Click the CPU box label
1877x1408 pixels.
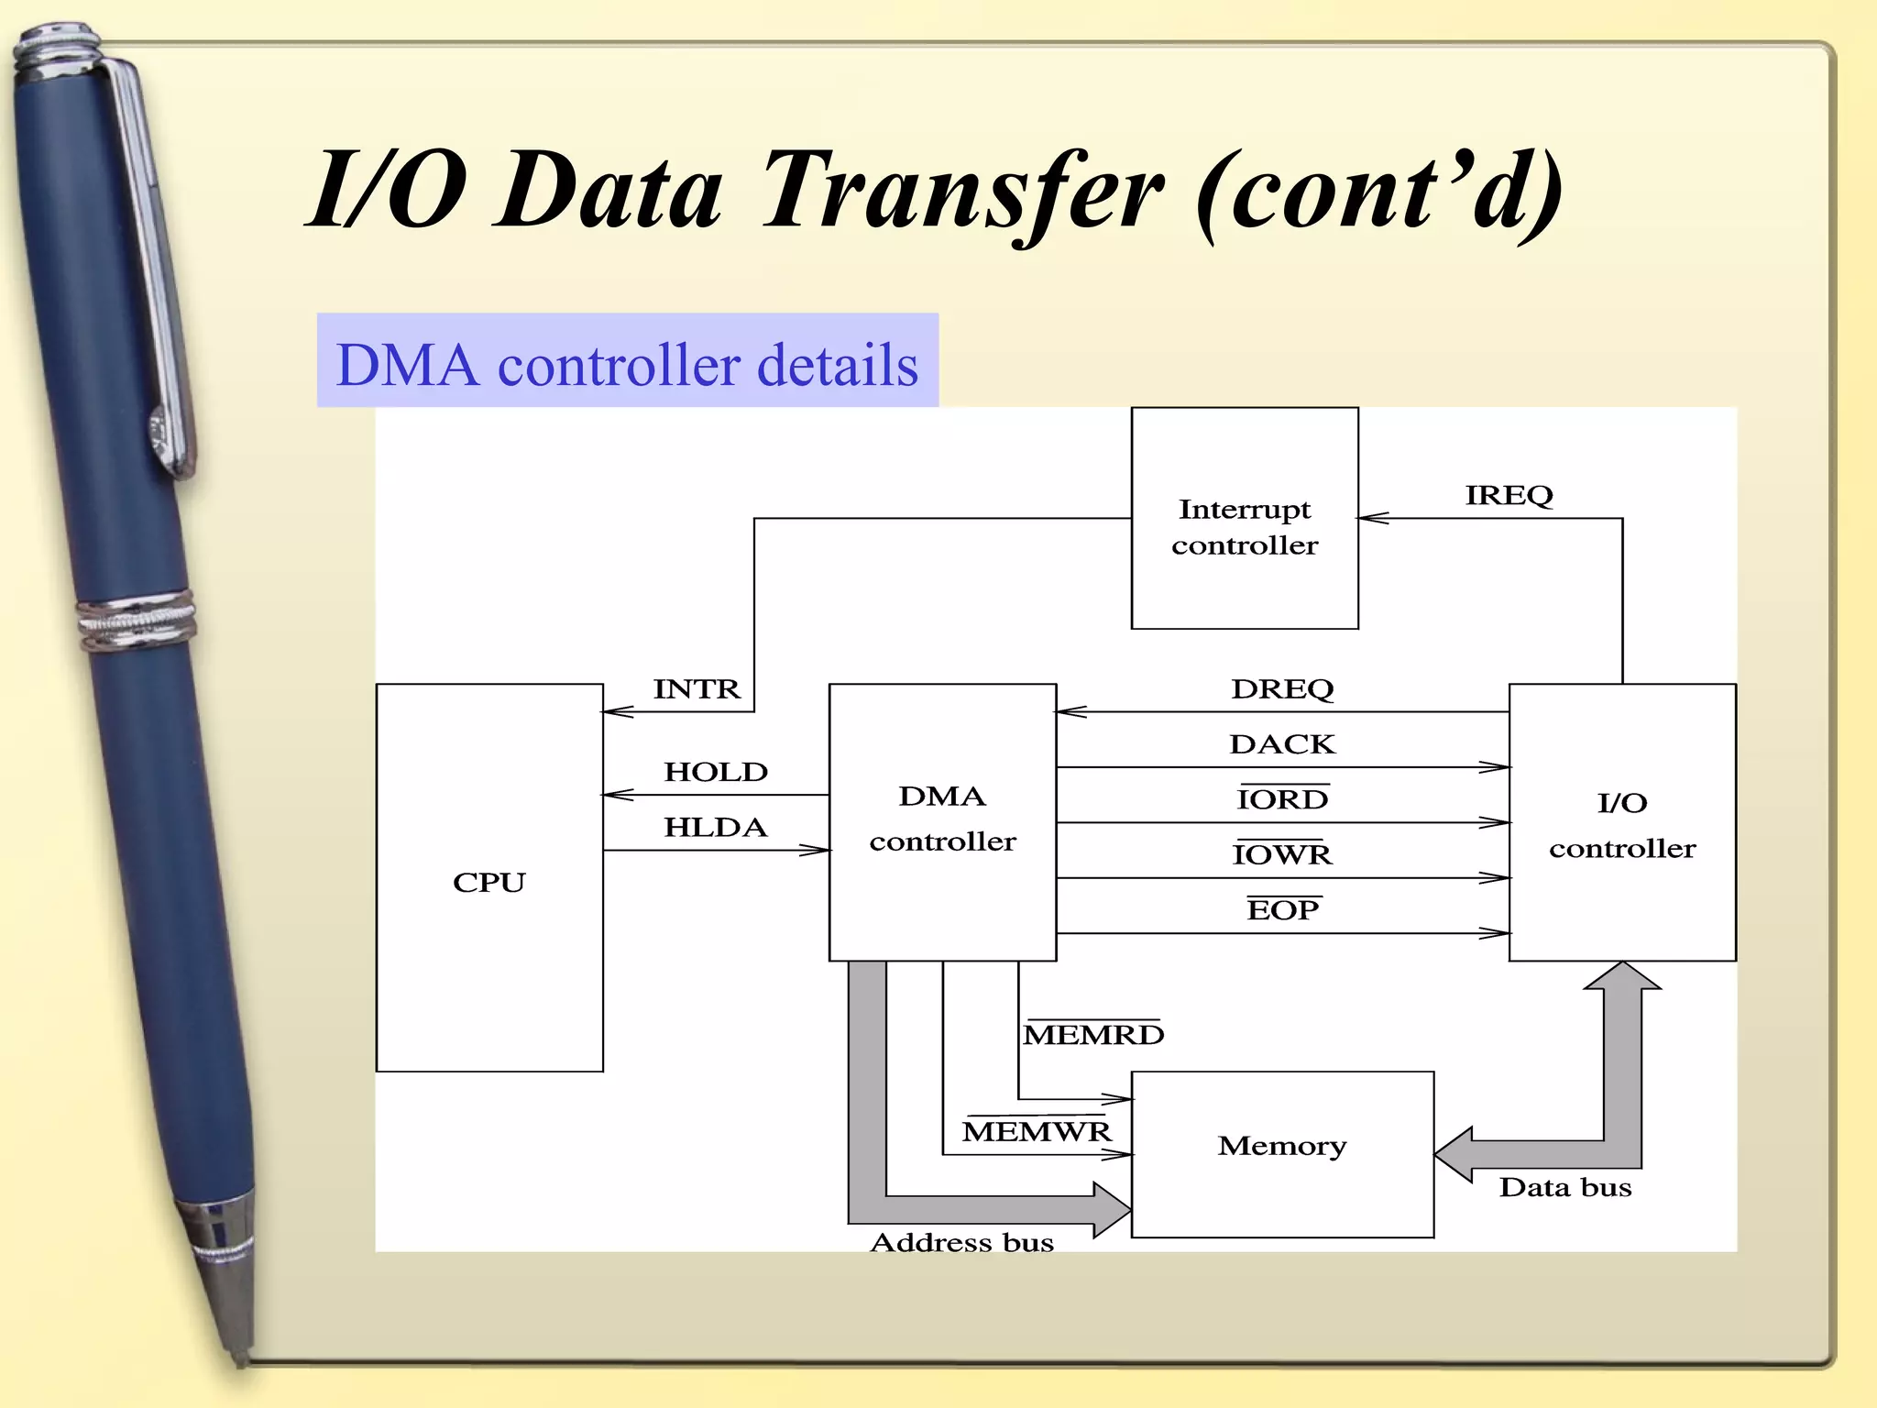489,882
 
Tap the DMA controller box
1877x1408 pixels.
942,819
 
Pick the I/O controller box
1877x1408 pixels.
1621,824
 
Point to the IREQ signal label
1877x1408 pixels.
1508,496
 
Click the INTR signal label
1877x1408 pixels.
696,688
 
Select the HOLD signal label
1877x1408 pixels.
715,772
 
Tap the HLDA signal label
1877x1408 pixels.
715,827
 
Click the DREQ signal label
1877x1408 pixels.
1281,688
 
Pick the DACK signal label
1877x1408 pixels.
1281,743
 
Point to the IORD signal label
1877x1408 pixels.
1281,799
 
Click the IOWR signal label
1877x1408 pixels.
1281,854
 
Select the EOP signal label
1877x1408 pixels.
1282,909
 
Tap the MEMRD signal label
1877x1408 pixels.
1092,1034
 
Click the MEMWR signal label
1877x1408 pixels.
1036,1131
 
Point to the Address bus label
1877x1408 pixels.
961,1243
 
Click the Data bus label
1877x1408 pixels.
1564,1188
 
